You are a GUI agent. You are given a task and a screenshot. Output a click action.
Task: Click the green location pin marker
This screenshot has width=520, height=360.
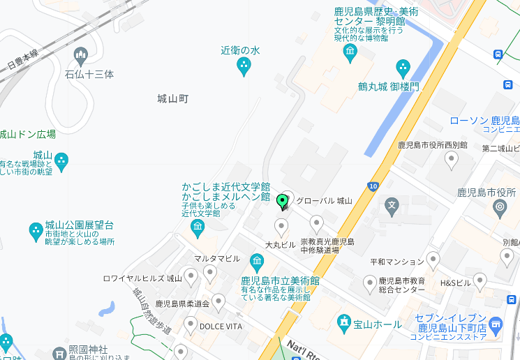pyautogui.click(x=283, y=202)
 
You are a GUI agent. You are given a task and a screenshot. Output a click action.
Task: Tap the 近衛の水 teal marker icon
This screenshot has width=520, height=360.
pyautogui.click(x=244, y=67)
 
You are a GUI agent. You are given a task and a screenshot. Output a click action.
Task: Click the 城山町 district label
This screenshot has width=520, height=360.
pyautogui.click(x=173, y=99)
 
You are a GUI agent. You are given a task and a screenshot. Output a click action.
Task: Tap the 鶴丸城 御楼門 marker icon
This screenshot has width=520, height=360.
pyautogui.click(x=403, y=68)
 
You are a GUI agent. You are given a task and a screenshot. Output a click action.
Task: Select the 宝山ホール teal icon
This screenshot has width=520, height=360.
pyautogui.click(x=343, y=323)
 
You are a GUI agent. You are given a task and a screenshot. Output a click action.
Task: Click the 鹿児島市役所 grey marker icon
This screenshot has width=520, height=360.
pyautogui.click(x=500, y=207)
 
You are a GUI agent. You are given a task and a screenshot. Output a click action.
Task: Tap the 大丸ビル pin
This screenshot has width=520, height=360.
pyautogui.click(x=281, y=227)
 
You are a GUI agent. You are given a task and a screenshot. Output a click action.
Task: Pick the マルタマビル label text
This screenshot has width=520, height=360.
pyautogui.click(x=217, y=258)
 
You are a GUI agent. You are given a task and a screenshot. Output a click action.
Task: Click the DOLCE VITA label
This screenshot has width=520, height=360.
pyautogui.click(x=221, y=325)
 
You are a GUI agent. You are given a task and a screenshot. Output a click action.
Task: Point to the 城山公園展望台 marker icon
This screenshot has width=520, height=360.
pyautogui.click(x=36, y=230)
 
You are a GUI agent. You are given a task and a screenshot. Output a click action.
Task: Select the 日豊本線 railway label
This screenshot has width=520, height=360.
pyautogui.click(x=22, y=58)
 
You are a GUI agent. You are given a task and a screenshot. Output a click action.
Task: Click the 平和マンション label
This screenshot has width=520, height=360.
pyautogui.click(x=396, y=262)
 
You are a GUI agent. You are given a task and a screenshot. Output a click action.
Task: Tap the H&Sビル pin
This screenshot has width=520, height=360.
pyautogui.click(x=480, y=281)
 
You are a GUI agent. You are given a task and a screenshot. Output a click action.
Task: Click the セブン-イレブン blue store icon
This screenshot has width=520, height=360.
pyautogui.click(x=496, y=323)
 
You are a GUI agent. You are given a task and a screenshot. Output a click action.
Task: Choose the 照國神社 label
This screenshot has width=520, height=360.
pyautogui.click(x=88, y=348)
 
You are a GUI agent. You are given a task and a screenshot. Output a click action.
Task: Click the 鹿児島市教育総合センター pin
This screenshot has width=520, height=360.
pyautogui.click(x=370, y=283)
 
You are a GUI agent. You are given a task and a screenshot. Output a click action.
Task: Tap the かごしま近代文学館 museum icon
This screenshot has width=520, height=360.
pyautogui.click(x=198, y=227)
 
